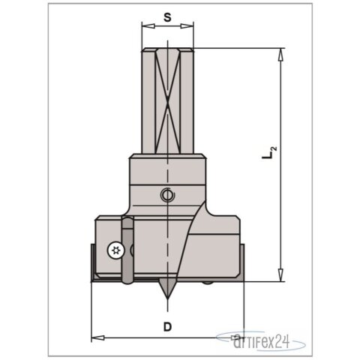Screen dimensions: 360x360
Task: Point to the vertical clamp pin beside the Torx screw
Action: click(127, 251)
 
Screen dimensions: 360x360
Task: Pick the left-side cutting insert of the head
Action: click(94, 262)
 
